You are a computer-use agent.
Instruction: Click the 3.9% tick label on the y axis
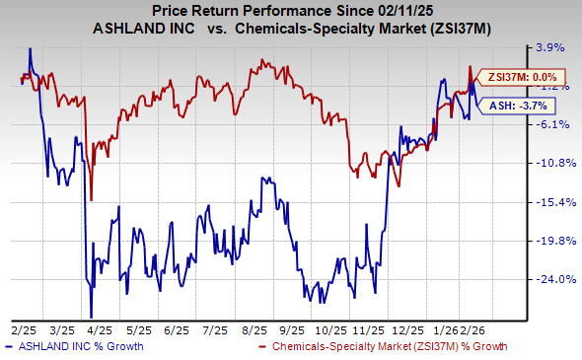548,46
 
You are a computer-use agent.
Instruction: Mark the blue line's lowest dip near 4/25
90,313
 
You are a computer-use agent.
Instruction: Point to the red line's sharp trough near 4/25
91,198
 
